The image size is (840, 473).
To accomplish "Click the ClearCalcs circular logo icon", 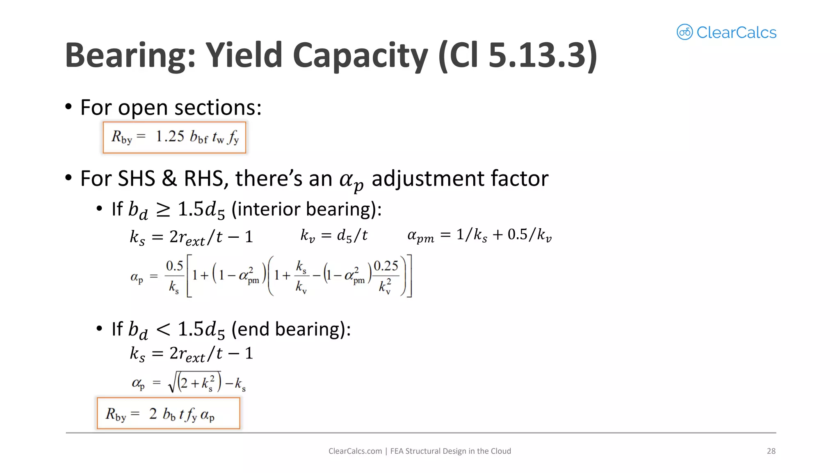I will coord(685,32).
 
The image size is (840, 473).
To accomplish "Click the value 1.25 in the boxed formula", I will coord(170,136).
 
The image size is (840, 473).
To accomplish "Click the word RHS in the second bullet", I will coord(203,179).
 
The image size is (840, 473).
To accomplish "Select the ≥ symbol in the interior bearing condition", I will coord(163,210).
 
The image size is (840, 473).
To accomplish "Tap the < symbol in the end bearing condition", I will coord(163,329).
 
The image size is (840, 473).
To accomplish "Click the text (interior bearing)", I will coord(306,209).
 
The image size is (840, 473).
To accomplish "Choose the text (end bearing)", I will coord(291,329).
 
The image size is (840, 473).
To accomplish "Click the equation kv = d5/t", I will coord(334,236).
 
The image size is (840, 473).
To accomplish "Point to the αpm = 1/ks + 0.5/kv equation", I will coord(479,235).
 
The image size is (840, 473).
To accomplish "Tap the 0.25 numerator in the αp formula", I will coord(386,266).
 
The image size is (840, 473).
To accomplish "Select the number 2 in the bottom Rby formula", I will coord(153,413).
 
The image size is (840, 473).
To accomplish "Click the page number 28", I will coord(771,451).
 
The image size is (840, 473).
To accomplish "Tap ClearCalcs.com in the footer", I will coord(355,451).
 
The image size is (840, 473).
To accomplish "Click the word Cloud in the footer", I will coord(501,451).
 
